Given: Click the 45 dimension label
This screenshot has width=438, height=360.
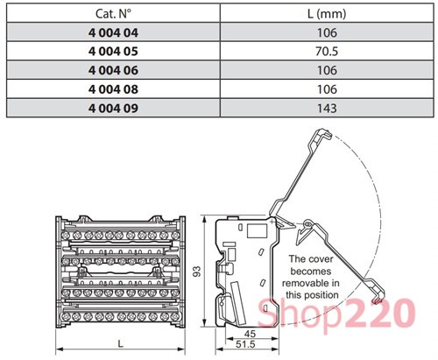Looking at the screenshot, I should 251,333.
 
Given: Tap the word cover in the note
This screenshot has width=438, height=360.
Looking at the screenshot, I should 323,259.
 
